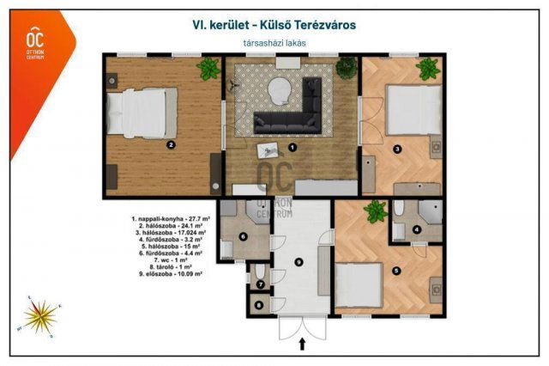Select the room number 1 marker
[293, 147]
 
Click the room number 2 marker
[171, 145]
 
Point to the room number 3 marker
[397, 149]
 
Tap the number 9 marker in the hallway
[299, 261]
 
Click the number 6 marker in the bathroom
[243, 236]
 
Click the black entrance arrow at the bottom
[302, 345]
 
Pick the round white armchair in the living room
[280, 88]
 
